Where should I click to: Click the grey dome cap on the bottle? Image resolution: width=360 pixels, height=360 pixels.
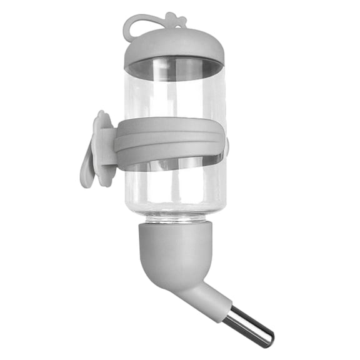click(x=173, y=45)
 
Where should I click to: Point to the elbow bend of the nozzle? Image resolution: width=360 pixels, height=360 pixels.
click(x=181, y=275)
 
